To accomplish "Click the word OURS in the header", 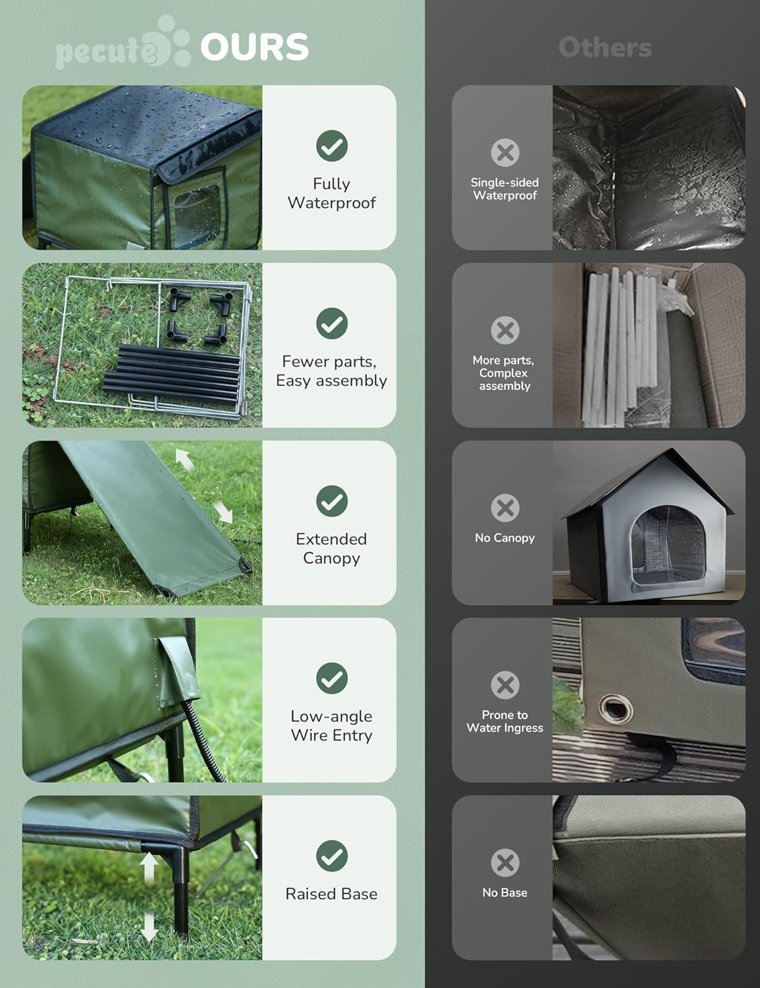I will tap(254, 47).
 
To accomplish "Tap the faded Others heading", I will tap(605, 47).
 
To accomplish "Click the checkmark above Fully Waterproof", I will tap(332, 146).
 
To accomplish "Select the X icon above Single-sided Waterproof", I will tap(505, 152).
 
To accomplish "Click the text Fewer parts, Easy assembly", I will tap(331, 371).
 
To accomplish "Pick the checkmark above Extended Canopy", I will tap(332, 501).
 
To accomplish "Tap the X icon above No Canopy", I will tap(505, 508).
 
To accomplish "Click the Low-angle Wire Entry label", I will tap(331, 726).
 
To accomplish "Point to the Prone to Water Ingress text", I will tap(505, 721).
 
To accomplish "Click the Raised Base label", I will tap(331, 894).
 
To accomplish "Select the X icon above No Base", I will tap(505, 862).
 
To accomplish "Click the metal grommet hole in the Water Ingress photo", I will tap(615, 709).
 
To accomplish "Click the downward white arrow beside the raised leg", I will tap(149, 927).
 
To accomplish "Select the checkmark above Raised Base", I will tap(332, 856).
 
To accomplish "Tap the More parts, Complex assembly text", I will tap(504, 373).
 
